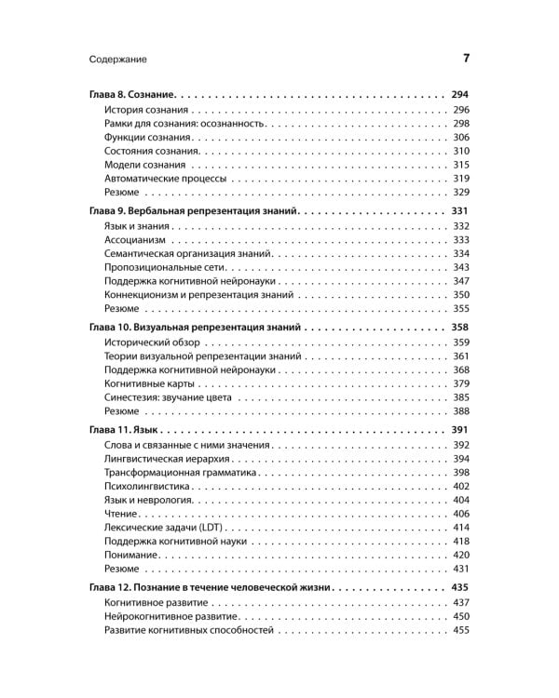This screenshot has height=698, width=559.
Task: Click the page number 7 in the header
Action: (x=466, y=60)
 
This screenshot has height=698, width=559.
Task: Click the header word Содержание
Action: (x=118, y=60)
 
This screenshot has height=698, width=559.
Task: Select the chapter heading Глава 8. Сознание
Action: (x=131, y=95)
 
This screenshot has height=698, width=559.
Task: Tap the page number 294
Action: (x=459, y=95)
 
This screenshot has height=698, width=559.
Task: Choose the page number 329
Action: (x=461, y=192)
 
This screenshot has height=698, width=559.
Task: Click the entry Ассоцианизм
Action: (x=135, y=240)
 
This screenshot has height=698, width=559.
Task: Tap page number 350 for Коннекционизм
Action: (x=461, y=294)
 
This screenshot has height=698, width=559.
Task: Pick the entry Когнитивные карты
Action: (x=149, y=383)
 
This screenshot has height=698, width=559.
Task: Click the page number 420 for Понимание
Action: (x=461, y=555)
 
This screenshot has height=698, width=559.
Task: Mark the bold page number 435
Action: (x=459, y=588)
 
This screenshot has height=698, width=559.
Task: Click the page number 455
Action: (x=461, y=630)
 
